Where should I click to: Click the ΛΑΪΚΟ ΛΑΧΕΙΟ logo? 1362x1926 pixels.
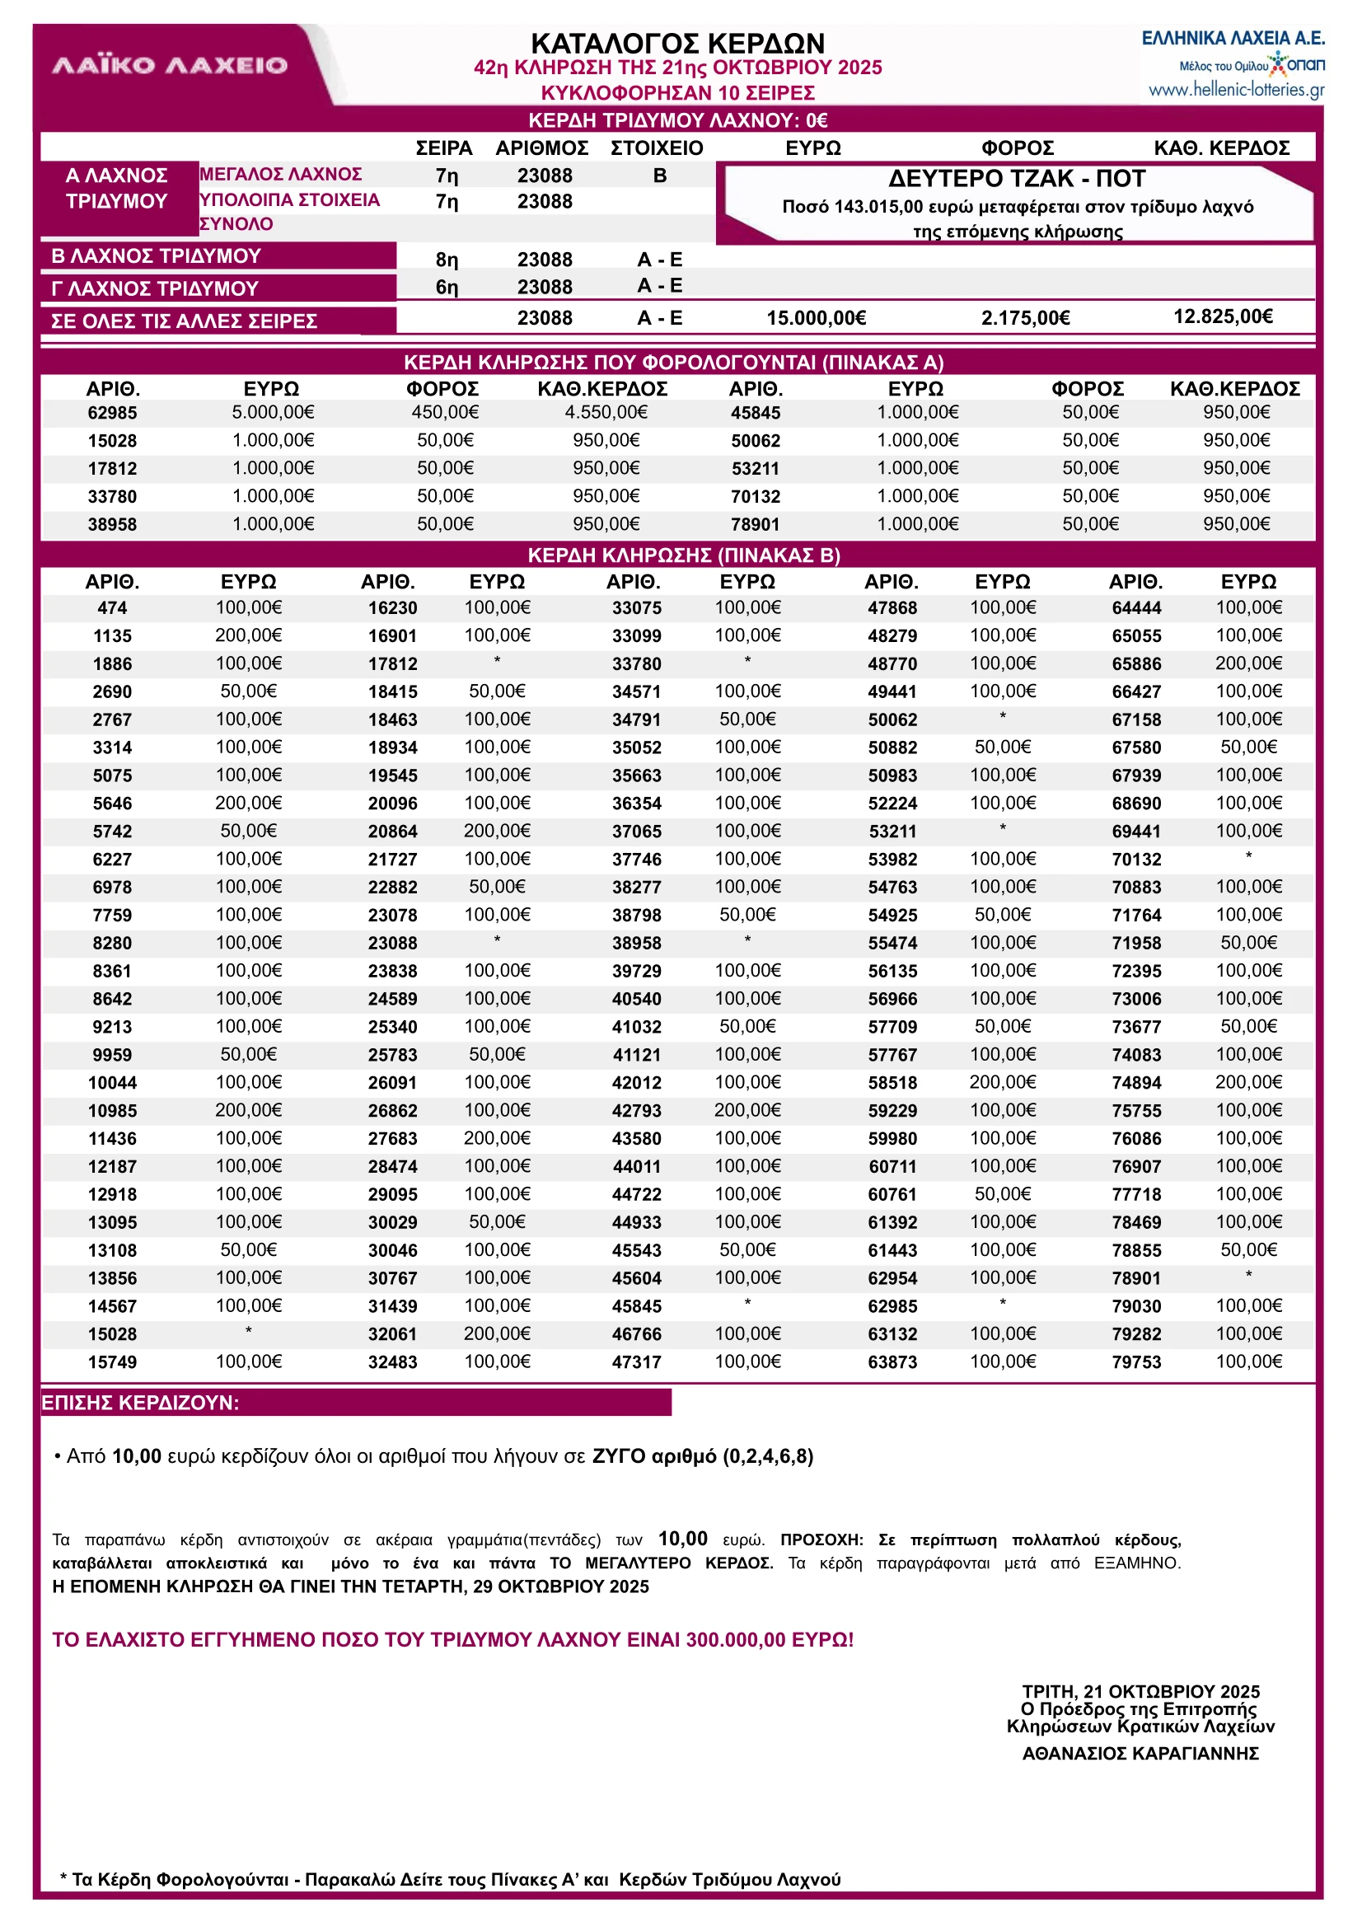[x=170, y=65]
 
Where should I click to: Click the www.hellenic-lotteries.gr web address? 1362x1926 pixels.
[x=1236, y=90]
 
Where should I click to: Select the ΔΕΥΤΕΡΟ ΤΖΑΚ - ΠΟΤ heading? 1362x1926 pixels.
[x=1017, y=179]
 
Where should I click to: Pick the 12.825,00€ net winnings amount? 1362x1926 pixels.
[x=1222, y=316]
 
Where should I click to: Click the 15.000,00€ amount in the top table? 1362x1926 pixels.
[x=816, y=318]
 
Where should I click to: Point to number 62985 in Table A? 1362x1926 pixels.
[x=112, y=413]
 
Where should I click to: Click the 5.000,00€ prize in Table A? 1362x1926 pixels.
[x=273, y=412]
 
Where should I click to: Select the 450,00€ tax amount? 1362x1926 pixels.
[x=444, y=412]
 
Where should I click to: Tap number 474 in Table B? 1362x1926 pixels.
[x=112, y=608]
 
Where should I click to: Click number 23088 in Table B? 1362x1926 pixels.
[x=392, y=944]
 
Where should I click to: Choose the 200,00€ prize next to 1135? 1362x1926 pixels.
[x=248, y=636]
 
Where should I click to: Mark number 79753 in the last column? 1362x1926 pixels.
[x=1136, y=1362]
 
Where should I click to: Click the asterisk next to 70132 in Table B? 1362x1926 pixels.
[x=1248, y=856]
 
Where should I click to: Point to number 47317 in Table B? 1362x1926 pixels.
[x=637, y=1362]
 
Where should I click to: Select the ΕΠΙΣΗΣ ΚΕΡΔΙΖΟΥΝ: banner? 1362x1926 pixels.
[x=140, y=1403]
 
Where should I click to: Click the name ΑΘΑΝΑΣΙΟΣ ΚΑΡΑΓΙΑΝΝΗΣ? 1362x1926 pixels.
[x=1140, y=1753]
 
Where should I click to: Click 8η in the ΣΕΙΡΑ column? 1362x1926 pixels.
[x=447, y=260]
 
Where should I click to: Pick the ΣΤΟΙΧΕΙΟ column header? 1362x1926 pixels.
[x=657, y=148]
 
